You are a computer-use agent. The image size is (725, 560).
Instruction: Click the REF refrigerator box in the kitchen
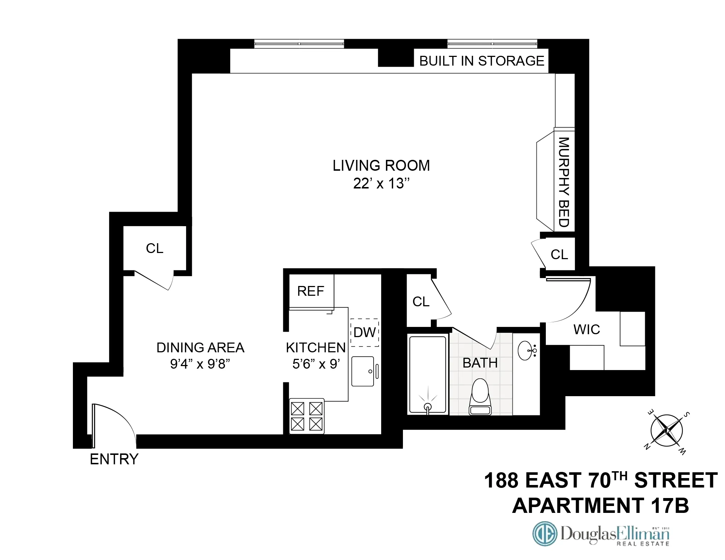[311, 291]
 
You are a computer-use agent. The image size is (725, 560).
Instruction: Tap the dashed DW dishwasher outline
[364, 332]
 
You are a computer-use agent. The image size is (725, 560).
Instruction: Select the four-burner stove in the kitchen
[306, 416]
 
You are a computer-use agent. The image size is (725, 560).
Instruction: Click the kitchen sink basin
[363, 371]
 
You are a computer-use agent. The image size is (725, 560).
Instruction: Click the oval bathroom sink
[526, 350]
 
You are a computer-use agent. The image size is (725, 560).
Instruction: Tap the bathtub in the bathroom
[428, 374]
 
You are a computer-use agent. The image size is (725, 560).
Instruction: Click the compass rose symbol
[667, 431]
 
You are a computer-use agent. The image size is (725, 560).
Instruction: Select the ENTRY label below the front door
[114, 459]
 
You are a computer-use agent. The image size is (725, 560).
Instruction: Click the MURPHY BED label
[564, 182]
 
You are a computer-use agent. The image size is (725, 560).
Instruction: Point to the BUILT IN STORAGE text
[481, 61]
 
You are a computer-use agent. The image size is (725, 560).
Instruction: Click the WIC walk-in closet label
[586, 329]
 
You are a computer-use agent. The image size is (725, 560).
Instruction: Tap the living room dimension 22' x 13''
[381, 183]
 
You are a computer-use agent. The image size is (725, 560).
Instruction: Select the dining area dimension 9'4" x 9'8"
[200, 364]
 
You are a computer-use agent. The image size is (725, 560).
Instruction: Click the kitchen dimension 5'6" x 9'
[316, 364]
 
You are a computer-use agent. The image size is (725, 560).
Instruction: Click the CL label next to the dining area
[155, 248]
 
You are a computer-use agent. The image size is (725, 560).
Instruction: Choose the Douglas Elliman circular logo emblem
[545, 534]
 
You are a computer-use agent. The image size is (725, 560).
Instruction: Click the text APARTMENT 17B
[600, 505]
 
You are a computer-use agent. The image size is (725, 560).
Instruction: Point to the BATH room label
[480, 363]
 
